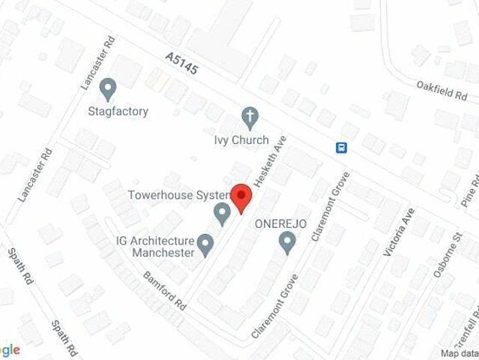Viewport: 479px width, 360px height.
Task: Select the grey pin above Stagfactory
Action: coord(109,89)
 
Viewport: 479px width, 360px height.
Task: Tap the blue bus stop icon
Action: coord(341,146)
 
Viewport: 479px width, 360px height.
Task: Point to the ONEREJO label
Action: coord(280,223)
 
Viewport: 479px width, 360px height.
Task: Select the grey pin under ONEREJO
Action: coord(286,242)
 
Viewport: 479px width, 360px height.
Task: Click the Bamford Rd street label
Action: coord(163,292)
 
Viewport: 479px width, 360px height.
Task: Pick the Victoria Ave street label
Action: coord(398,232)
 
